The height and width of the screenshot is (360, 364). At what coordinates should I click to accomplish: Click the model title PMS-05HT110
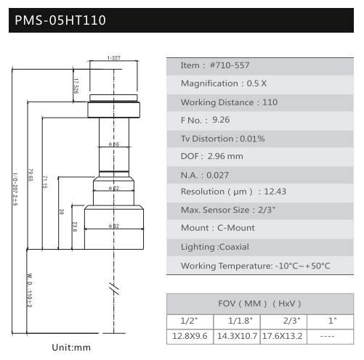tap(60, 20)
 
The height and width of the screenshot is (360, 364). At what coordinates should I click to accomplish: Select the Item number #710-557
tap(230, 65)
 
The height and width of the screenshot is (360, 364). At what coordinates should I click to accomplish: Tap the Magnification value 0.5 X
tap(256, 83)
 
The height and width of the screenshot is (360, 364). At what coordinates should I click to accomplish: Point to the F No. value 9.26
tap(221, 120)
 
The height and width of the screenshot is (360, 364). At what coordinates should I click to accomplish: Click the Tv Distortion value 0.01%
tap(252, 139)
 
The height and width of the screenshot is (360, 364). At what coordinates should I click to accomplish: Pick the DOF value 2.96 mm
tap(225, 156)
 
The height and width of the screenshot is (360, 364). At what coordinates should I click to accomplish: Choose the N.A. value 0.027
tap(217, 175)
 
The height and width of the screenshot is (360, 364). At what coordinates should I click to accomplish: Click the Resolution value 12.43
tap(275, 192)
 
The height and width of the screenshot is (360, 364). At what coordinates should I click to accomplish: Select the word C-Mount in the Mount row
tap(236, 228)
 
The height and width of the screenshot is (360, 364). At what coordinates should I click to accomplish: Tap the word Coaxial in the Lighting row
tap(234, 247)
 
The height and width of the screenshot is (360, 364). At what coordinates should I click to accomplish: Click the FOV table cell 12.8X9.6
tap(190, 336)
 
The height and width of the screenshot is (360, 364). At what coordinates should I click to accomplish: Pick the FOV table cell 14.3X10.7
tap(237, 336)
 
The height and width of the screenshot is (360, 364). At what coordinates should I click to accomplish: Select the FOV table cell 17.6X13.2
tap(283, 336)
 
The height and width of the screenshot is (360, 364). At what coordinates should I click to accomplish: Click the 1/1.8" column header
tap(240, 321)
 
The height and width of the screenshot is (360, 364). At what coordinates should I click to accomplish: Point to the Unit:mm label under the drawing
tap(71, 348)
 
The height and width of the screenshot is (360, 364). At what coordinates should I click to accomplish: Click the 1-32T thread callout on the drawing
tap(114, 58)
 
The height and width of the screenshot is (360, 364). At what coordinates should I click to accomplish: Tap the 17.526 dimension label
tap(76, 86)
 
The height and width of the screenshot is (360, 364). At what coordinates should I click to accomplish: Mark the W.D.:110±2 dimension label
tap(29, 290)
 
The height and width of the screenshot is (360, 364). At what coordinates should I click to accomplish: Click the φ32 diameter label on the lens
tap(114, 226)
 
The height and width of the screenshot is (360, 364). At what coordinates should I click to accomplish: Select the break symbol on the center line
tap(114, 289)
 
